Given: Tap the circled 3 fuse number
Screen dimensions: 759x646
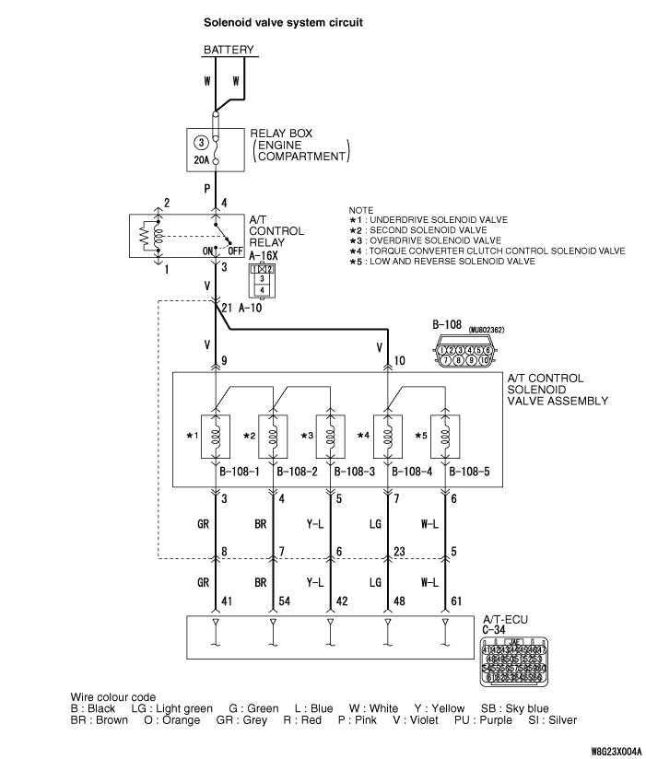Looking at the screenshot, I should coord(200,143).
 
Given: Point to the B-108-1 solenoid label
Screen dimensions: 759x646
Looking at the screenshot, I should coord(239,473).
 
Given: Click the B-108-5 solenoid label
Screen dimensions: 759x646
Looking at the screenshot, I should coord(469,473).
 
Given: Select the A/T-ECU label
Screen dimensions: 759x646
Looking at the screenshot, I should coord(506,618).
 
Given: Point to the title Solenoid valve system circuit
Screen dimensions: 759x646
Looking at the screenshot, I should coord(276,17).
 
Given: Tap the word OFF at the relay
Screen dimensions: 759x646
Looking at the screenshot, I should coord(235,250).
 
